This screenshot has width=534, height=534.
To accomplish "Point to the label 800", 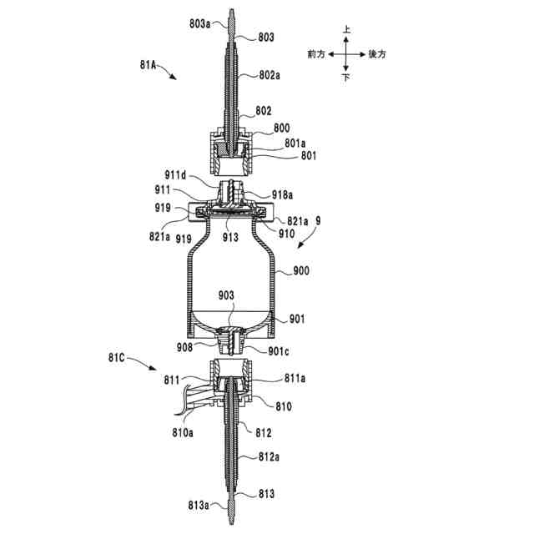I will [281, 129].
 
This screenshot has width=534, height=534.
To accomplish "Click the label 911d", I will [177, 176].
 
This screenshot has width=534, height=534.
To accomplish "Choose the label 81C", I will [118, 358].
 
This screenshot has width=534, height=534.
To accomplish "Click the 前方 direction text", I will [317, 54].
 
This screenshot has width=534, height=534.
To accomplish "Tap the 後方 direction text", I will [377, 54].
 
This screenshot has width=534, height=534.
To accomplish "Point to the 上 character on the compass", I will [347, 29].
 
